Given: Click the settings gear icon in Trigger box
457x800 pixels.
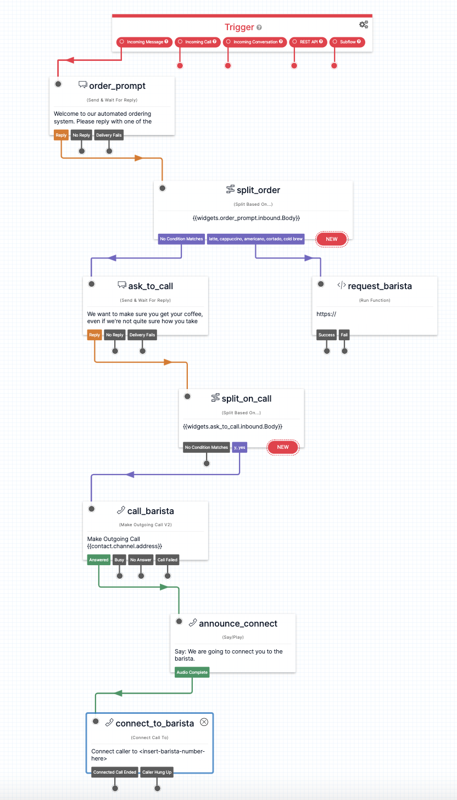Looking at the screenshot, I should pyautogui.click(x=363, y=25).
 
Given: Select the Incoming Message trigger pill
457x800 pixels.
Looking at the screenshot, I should pyautogui.click(x=144, y=42).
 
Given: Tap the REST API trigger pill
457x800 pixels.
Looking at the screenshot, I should pyautogui.click(x=308, y=42).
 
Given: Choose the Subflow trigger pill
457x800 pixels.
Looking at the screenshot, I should pyautogui.click(x=347, y=42).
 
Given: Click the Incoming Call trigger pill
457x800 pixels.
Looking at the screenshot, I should pyautogui.click(x=198, y=42).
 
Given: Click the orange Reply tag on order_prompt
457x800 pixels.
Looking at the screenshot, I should pyautogui.click(x=60, y=135).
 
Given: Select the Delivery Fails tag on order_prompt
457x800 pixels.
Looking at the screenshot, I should pyautogui.click(x=109, y=135).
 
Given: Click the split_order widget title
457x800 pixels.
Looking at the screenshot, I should pyautogui.click(x=258, y=190).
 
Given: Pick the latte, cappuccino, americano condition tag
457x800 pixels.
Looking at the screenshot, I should pyautogui.click(x=255, y=239).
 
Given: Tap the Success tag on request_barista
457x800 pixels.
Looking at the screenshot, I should pyautogui.click(x=326, y=335).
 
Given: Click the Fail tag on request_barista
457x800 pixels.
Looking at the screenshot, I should pyautogui.click(x=344, y=335).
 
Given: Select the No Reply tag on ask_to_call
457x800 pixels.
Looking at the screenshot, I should pyautogui.click(x=115, y=335).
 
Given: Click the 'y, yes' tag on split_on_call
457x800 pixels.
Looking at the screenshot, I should pyautogui.click(x=239, y=447).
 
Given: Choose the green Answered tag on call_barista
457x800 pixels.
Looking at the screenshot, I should pyautogui.click(x=99, y=560).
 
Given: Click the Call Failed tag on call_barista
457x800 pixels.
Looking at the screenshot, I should pyautogui.click(x=168, y=560).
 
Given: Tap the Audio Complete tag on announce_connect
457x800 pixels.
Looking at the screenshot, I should pyautogui.click(x=192, y=672).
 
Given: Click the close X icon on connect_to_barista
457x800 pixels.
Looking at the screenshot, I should pyautogui.click(x=204, y=722).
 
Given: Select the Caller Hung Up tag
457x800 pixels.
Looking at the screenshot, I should pyautogui.click(x=157, y=772).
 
